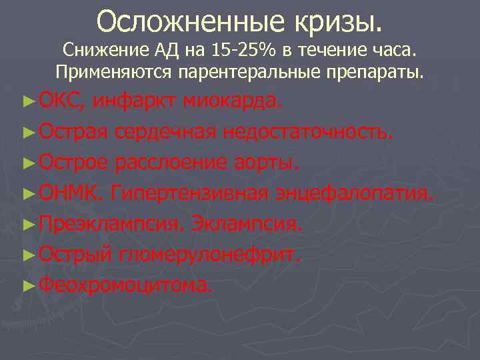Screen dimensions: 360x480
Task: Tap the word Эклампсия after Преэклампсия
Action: point(247,224)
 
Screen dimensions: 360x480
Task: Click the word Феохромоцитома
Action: point(127,285)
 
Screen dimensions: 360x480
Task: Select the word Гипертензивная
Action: point(191,193)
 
